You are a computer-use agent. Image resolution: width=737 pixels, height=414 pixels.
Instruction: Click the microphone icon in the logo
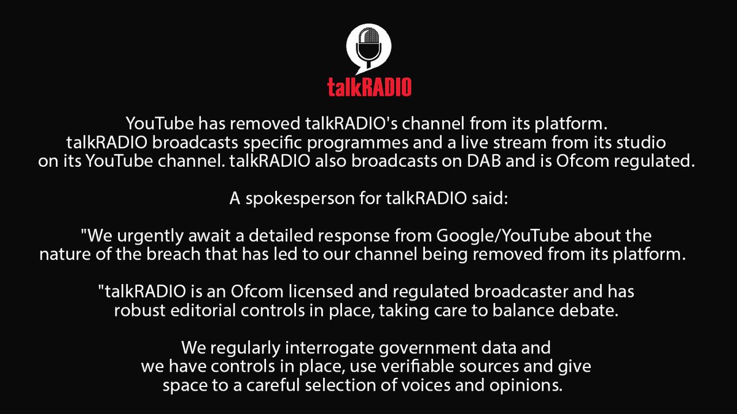click(369, 45)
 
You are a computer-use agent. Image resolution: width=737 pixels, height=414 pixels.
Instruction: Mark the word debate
click(593, 310)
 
